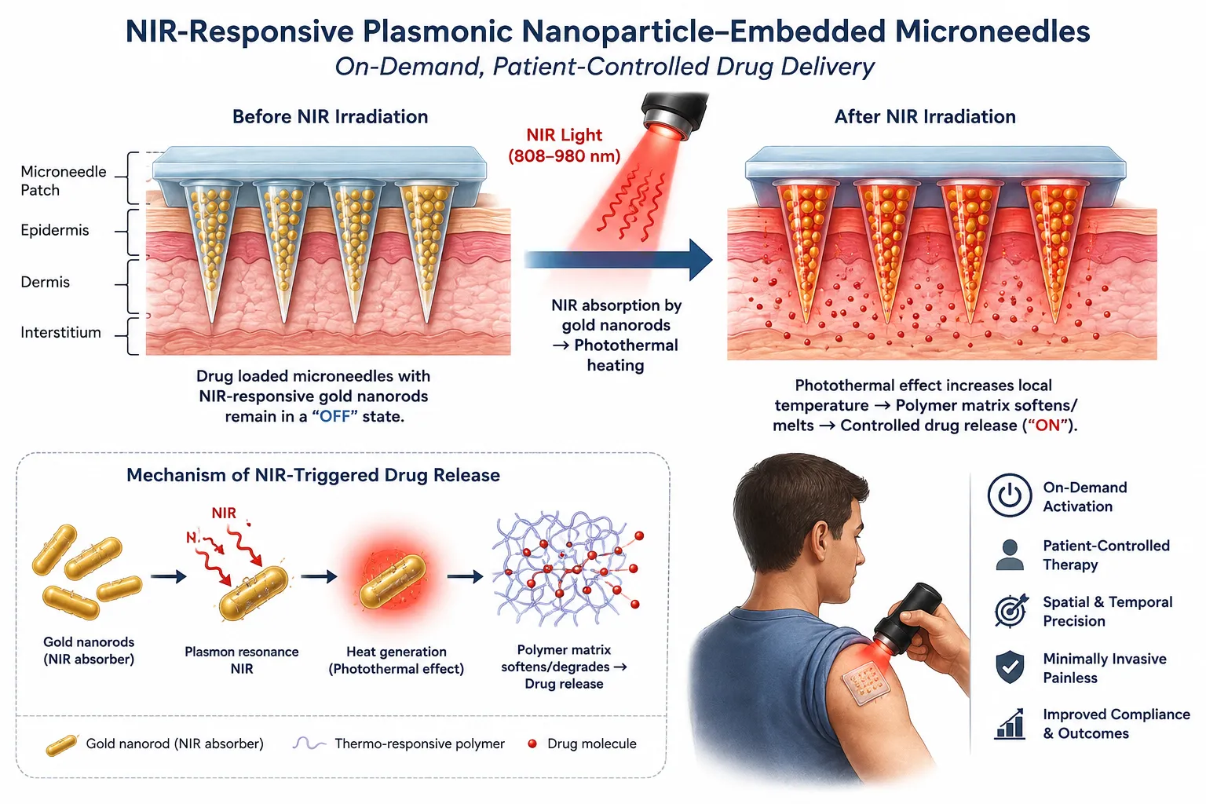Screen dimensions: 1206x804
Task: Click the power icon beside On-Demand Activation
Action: pos(1010,495)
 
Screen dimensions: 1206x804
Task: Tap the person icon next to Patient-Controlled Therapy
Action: pos(1010,554)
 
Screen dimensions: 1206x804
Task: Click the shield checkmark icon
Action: pos(1010,667)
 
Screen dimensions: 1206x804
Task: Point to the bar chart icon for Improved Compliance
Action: pos(1010,724)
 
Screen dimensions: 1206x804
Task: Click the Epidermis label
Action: pos(55,231)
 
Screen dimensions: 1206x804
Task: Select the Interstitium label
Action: pos(60,332)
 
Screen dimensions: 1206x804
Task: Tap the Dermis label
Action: pos(46,282)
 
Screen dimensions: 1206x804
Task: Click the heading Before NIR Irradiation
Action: pos(330,117)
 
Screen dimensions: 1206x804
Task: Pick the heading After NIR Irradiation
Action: pos(925,117)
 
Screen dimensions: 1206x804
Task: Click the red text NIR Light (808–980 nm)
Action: pos(565,145)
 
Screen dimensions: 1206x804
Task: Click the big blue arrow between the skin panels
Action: pos(618,260)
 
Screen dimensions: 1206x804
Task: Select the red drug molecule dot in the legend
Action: pos(532,744)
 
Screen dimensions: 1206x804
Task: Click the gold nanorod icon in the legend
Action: pos(61,746)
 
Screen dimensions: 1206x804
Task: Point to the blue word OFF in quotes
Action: pos(335,417)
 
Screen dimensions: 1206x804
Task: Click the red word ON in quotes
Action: pos(1047,426)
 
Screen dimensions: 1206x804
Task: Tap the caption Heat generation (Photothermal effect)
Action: pos(397,660)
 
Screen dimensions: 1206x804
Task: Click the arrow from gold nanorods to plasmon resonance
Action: pos(169,577)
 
